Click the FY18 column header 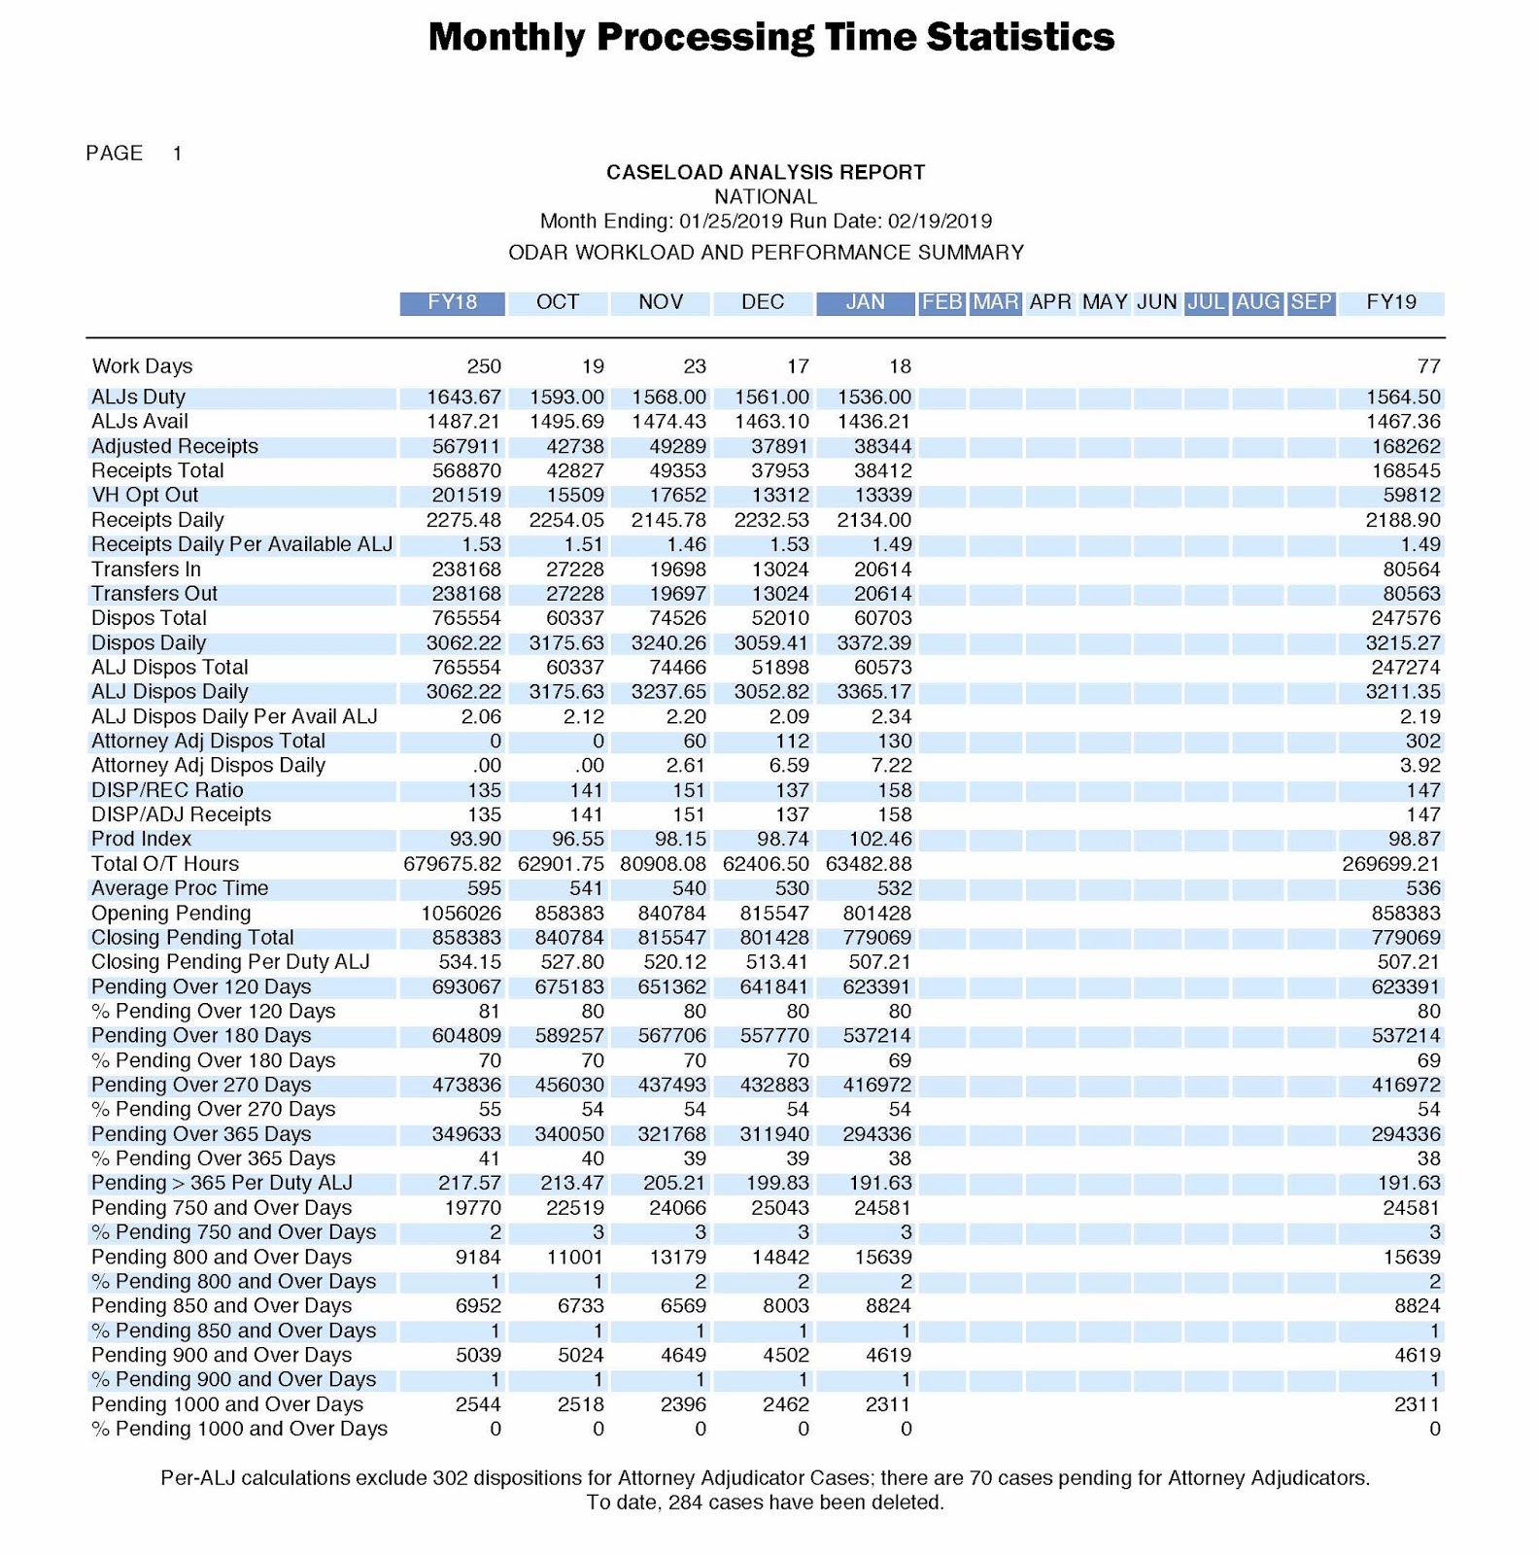pos(452,302)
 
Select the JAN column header pos(865,302)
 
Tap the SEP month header pos(1310,302)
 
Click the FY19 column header pos(1390,302)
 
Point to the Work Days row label pos(142,366)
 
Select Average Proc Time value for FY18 pos(484,888)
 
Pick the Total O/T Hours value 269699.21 pos(1390,864)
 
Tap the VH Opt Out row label pos(144,495)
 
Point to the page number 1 pos(177,154)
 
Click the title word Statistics pos(1019,37)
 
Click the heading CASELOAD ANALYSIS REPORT pos(766,173)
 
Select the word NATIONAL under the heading pos(766,197)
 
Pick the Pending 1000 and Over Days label pos(226,1404)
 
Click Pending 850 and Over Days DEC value pos(786,1306)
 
